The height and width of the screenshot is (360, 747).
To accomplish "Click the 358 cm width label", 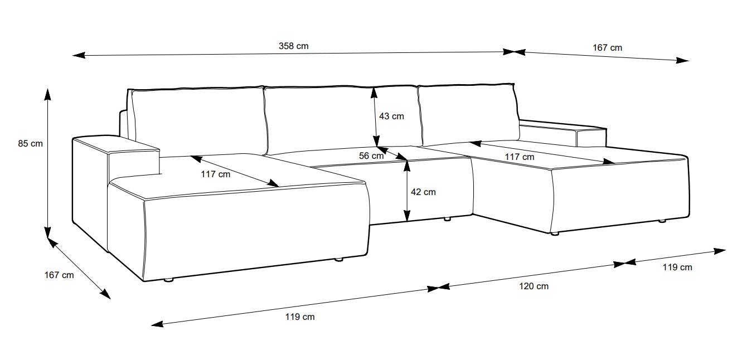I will click(x=293, y=46).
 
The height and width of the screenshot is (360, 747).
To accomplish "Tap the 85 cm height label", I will click(x=30, y=144).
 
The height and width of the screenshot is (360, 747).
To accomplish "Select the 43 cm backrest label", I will click(x=391, y=116).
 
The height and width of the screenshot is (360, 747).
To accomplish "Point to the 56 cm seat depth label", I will click(x=371, y=156).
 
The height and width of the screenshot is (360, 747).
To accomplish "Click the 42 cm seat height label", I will click(x=423, y=192).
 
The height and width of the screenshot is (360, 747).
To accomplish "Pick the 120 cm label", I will click(x=533, y=286).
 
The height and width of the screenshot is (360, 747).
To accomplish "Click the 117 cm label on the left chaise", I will click(x=215, y=174).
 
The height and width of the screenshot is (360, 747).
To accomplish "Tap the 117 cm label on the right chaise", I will click(x=519, y=157).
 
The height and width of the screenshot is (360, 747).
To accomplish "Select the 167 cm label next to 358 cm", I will click(x=607, y=48).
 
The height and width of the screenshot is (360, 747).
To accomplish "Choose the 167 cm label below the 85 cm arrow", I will click(x=59, y=275).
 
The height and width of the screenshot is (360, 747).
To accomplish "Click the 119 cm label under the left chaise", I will click(x=299, y=317).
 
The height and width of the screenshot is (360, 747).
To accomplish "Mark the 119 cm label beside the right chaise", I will click(x=677, y=267).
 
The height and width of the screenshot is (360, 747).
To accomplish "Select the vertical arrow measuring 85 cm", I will click(x=48, y=162).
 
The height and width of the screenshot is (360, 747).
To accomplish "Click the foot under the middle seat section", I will click(x=447, y=220).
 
